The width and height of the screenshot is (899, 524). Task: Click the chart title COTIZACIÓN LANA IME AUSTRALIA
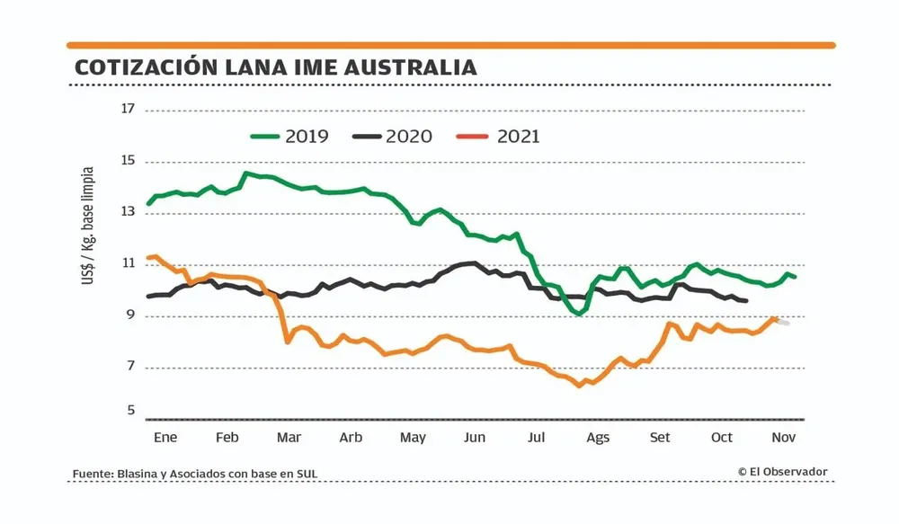tap(275, 67)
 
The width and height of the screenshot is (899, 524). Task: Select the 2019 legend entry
tap(289, 137)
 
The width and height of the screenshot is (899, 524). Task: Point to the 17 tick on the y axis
tap(128, 110)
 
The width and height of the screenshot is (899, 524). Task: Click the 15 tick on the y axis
tap(128, 162)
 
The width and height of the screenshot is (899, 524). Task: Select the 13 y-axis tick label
tap(128, 213)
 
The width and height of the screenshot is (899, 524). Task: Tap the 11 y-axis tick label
tap(128, 264)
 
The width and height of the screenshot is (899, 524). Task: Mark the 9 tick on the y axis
tap(129, 315)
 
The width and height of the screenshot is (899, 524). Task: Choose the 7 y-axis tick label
tap(129, 367)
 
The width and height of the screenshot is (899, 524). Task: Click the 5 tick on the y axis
tap(129, 411)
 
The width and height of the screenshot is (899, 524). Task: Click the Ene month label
tap(165, 438)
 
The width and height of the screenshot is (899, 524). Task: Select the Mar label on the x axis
tap(289, 438)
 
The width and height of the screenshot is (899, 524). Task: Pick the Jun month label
tap(474, 438)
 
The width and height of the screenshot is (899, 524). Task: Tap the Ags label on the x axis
tap(598, 438)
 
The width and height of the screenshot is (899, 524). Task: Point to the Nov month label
tap(784, 438)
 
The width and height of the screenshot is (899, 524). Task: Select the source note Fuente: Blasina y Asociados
tap(195, 474)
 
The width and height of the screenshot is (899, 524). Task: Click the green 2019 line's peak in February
tap(246, 173)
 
